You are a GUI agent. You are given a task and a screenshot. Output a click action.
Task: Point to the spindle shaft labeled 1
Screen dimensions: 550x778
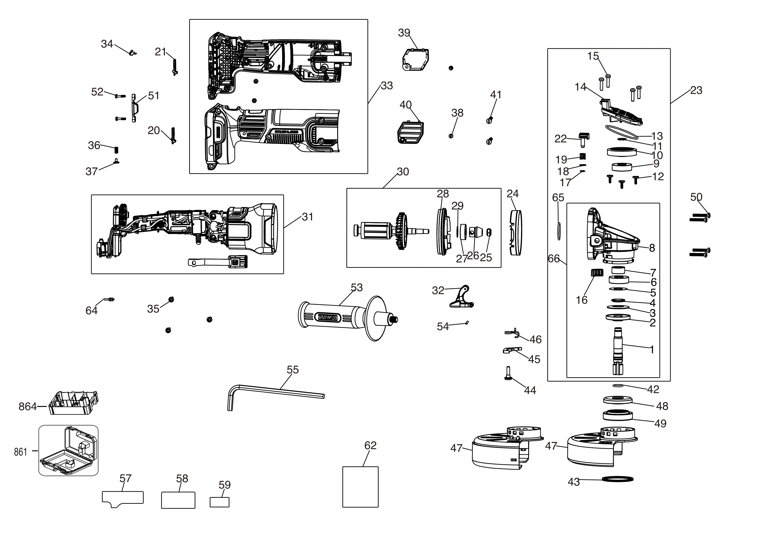coord(618,351)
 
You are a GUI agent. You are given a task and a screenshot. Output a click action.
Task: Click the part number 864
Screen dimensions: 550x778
coord(28,406)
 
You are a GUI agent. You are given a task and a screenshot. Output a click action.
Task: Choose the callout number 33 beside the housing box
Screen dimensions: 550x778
coord(387,86)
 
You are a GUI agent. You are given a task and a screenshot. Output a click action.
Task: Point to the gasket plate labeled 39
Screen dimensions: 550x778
coord(415,60)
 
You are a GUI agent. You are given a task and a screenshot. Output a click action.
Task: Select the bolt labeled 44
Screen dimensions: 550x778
coord(508,373)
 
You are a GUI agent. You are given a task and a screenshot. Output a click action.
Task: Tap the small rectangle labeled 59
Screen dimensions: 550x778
coord(219,502)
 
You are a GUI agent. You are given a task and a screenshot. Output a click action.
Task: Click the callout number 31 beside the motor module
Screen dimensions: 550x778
coord(307,217)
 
